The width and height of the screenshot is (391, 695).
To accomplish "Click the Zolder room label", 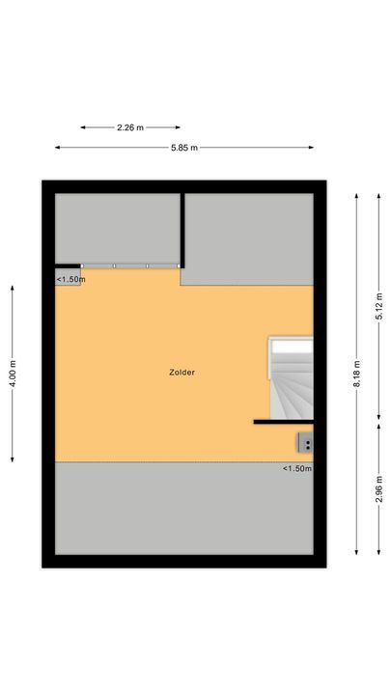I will pos(182,372).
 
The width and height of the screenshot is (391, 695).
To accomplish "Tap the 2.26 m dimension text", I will pos(131,126).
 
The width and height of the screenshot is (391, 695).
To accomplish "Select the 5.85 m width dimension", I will pos(184,148).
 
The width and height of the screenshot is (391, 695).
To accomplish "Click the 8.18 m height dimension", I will pos(356,373).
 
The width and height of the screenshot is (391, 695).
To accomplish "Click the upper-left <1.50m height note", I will pos(70,279).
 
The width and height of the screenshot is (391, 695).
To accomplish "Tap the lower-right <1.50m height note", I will pos(296,469).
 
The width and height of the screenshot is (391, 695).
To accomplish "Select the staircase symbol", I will pos(291,378).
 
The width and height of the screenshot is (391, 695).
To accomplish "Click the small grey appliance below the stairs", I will pos(305,443).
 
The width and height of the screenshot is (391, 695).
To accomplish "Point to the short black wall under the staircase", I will pos(283,422).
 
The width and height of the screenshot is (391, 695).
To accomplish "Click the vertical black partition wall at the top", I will pos(182,229).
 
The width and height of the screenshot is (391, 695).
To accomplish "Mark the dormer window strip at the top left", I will pos(130,265).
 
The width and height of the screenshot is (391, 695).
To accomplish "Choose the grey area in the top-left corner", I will pos(117,227).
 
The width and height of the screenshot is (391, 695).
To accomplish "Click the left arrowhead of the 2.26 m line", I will pos(83,126).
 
